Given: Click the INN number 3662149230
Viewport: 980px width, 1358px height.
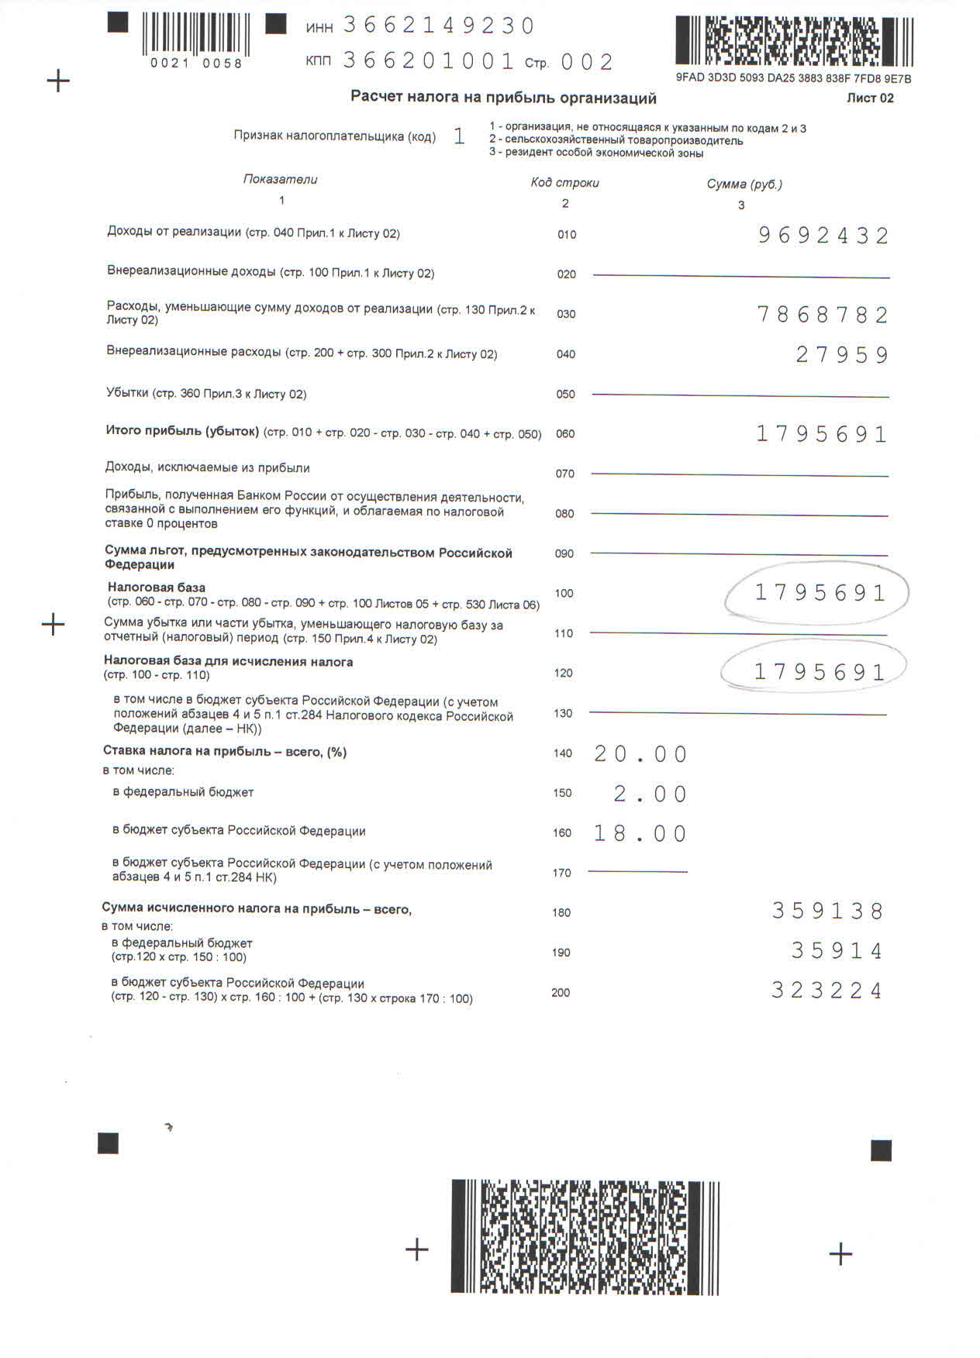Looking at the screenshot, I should click(x=439, y=26).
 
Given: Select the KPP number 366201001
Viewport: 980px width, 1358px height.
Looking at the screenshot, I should click(x=429, y=60).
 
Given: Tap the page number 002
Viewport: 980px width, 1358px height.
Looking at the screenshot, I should click(x=587, y=62).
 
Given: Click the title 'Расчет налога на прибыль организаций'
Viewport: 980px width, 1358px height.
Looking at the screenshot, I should click(x=503, y=98).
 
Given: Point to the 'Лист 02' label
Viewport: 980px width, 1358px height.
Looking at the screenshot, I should click(x=870, y=98).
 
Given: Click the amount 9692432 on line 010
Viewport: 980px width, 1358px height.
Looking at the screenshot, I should click(x=823, y=236).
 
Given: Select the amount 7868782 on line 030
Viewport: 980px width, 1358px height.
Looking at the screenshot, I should click(x=822, y=315).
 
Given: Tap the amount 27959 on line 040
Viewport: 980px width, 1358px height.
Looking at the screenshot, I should click(x=842, y=355).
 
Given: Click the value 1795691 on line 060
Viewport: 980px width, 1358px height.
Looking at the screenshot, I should click(x=821, y=434).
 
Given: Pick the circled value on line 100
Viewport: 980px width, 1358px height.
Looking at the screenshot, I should click(x=820, y=593).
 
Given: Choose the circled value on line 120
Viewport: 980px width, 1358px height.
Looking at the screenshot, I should click(x=819, y=672).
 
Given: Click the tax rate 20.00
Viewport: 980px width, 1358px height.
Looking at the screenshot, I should click(x=640, y=754).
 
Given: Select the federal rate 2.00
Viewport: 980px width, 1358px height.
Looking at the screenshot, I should click(x=650, y=794).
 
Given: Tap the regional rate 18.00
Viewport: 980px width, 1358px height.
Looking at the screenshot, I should click(x=640, y=834).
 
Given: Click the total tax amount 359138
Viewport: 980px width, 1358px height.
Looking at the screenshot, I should click(x=827, y=912).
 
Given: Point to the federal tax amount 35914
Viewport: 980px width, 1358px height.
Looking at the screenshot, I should click(x=837, y=951).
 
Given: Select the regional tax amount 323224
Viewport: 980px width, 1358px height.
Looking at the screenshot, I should click(x=826, y=991).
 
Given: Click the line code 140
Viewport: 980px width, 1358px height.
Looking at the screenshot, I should click(x=562, y=753).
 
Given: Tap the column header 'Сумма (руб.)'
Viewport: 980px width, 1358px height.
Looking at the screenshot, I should click(x=744, y=184).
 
